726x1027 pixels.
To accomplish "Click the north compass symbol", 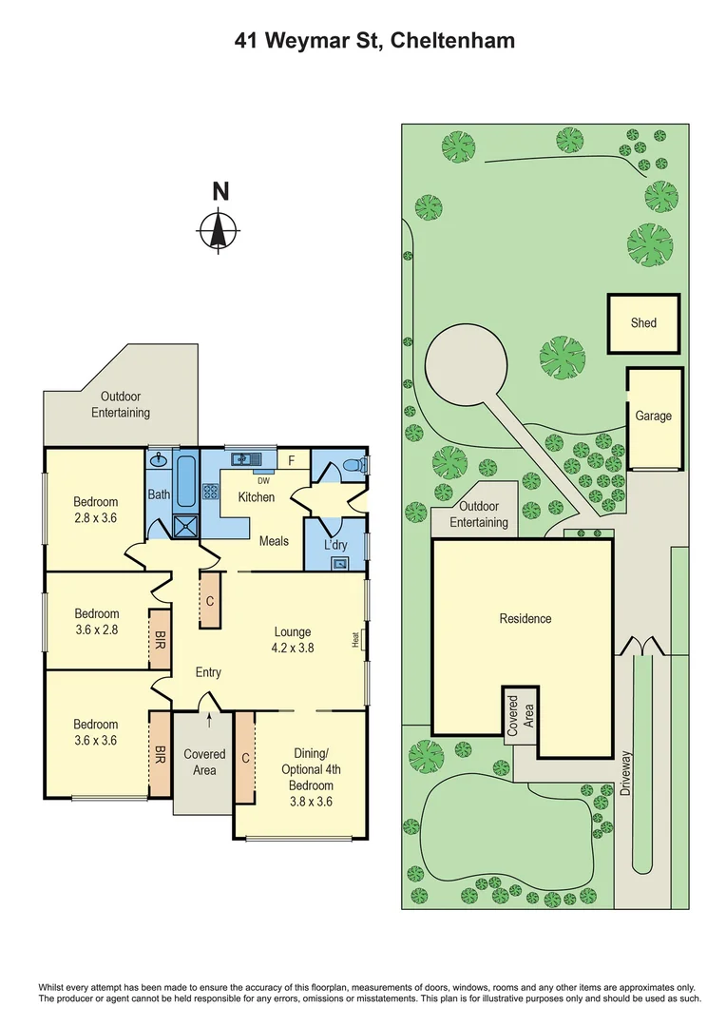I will click(220, 229).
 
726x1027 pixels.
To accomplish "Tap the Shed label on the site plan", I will click(643, 323).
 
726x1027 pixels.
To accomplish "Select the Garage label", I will click(654, 416).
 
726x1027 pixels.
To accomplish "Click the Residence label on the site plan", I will click(525, 619).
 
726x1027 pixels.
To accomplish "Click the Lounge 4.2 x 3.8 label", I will click(293, 639).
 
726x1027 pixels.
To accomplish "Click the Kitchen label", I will click(256, 497).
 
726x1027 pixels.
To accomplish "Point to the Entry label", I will click(208, 672).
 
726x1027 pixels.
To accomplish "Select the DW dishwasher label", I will click(251, 480).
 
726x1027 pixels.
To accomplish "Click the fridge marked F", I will click(292, 460).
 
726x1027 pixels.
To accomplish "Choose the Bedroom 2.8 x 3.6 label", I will click(96, 510).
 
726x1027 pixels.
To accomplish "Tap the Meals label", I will click(274, 541).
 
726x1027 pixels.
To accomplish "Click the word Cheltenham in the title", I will click(449, 41).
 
